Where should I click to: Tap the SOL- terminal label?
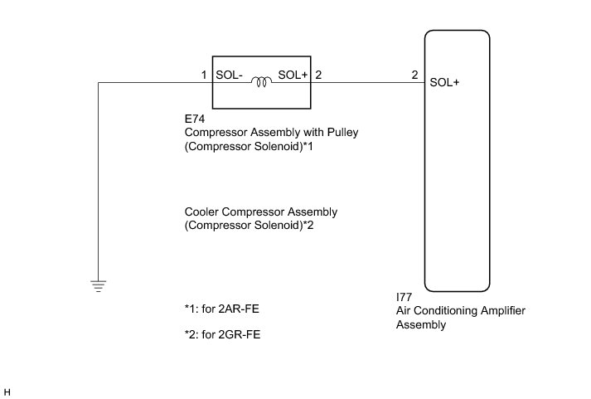pos(229,75)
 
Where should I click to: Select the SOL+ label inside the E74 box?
pos(293,75)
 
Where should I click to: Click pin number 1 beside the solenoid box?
pos(203,75)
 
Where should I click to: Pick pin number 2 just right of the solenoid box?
pos(319,75)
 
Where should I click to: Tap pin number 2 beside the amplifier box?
pos(414,75)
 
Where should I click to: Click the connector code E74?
pos(195,119)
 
